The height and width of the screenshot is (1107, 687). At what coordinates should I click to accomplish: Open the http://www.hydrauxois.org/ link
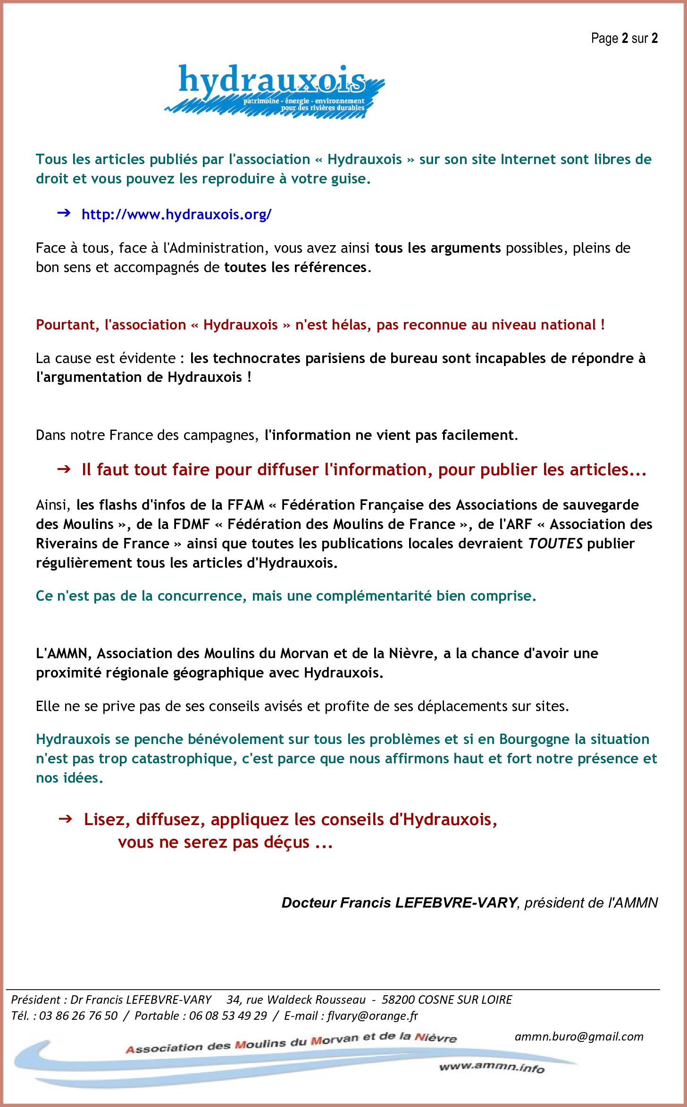pos(176,215)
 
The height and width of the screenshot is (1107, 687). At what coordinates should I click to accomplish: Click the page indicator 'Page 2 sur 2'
pos(624,38)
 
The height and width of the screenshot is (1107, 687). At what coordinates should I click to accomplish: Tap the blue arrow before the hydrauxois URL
pos(64,214)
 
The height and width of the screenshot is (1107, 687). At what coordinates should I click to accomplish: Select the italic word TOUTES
pos(555,544)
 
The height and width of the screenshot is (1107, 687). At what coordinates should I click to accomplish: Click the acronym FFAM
pos(245,505)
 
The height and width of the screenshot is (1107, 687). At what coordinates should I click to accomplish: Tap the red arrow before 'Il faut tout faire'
pos(64,469)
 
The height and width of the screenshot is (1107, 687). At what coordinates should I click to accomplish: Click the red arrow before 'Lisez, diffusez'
pos(65,819)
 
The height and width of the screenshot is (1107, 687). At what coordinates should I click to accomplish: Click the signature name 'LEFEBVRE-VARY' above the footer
pos(456,902)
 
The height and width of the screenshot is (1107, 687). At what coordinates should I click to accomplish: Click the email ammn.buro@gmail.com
pos(579,1036)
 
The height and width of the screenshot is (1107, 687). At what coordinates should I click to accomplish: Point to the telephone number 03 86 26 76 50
pos(78,1016)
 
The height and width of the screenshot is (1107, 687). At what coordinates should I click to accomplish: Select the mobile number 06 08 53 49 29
pos(228,1016)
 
